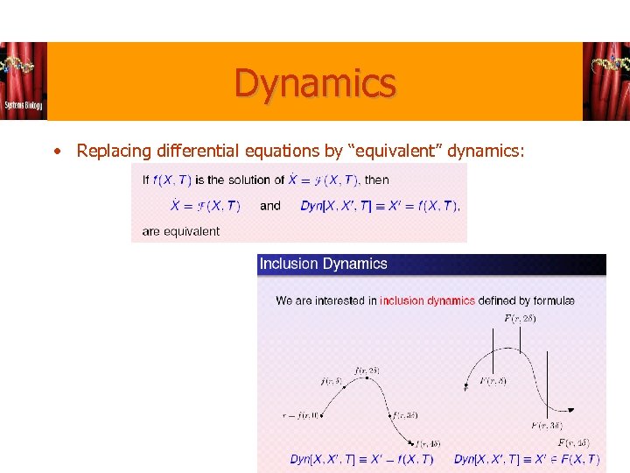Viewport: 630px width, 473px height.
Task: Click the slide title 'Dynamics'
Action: [x=315, y=84]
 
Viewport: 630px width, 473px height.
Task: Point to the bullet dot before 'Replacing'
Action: [x=58, y=151]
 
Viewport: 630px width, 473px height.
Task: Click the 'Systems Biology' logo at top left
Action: [x=24, y=81]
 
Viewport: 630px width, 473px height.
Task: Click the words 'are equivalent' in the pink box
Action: [x=181, y=231]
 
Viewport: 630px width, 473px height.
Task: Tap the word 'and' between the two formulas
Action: [x=270, y=206]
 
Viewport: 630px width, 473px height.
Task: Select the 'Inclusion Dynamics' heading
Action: [x=323, y=264]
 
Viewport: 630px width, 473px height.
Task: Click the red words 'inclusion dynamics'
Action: [x=427, y=300]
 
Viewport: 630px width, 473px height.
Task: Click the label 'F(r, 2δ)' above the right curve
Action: [x=520, y=318]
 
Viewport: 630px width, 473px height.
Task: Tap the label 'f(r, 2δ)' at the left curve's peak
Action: [x=367, y=371]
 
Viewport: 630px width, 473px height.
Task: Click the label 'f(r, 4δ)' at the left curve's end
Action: [x=429, y=443]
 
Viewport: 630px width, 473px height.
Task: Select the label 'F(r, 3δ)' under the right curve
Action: [x=547, y=425]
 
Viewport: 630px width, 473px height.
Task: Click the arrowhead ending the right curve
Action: [x=571, y=410]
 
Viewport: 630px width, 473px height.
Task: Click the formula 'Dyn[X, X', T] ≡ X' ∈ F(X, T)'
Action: [x=527, y=459]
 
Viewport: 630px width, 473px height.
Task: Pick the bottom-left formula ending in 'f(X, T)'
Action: [x=361, y=459]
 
